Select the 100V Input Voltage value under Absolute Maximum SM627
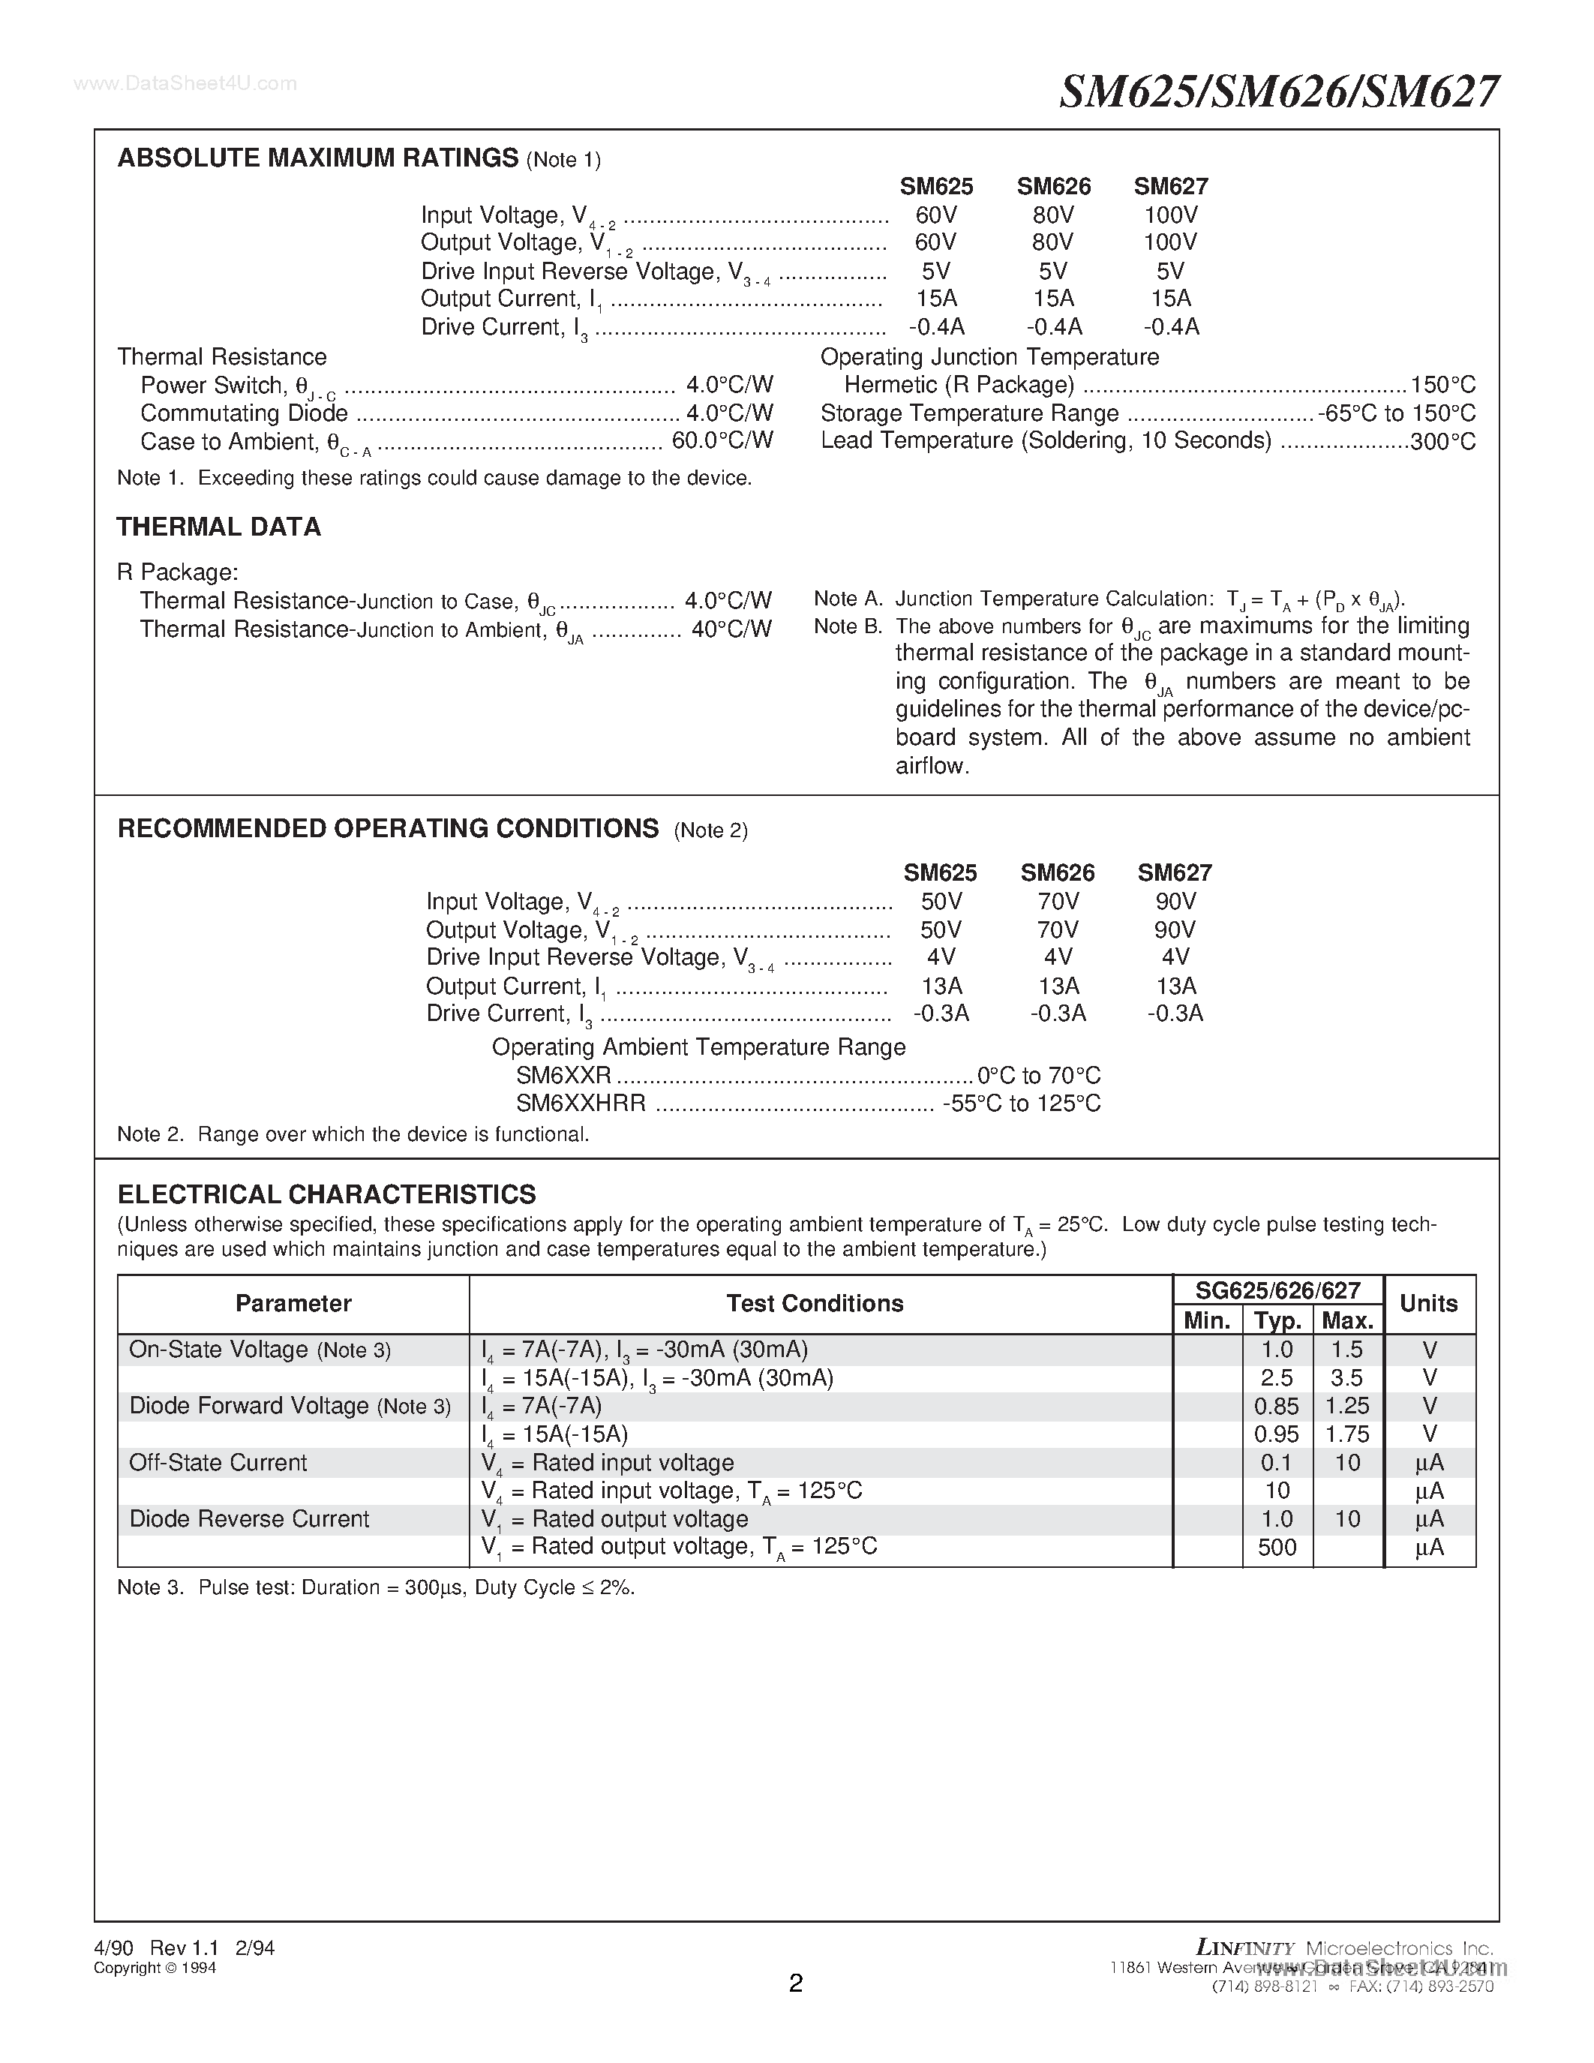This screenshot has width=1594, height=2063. (1170, 215)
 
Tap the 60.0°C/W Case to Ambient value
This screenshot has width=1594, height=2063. (722, 440)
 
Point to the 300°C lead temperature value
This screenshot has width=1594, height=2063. (1442, 441)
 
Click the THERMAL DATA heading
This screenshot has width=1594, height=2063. (218, 527)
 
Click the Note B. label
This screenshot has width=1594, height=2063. (847, 626)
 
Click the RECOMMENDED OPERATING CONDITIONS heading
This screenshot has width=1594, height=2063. (387, 828)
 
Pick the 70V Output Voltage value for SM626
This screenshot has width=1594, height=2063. (1057, 929)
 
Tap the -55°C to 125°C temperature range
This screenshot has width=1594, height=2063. (1021, 1104)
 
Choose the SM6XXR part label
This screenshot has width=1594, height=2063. (564, 1075)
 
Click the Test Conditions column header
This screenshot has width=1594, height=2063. (814, 1304)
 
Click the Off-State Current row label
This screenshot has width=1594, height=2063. (218, 1462)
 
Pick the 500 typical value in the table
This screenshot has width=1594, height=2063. (1277, 1547)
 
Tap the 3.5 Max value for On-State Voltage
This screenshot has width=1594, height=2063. (1346, 1378)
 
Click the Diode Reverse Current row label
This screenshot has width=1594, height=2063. (249, 1519)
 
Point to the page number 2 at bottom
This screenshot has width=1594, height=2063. (795, 1983)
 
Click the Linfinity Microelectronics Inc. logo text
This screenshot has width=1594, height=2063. (1343, 1947)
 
